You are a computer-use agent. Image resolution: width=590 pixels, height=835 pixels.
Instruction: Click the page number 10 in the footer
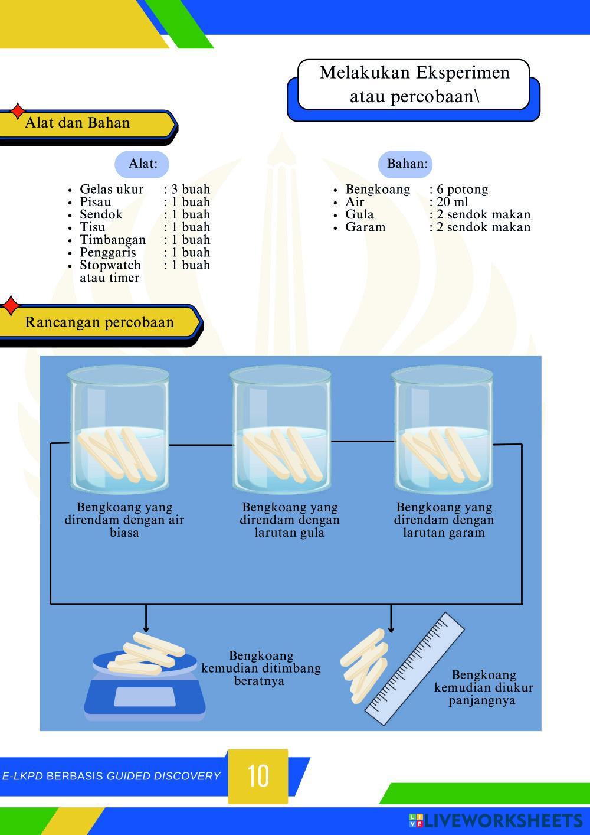258,775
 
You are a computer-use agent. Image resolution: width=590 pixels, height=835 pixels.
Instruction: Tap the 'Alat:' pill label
142,164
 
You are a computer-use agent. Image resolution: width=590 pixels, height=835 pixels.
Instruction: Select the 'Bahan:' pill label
407,164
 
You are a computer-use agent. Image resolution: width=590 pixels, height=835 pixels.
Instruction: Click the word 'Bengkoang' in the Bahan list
377,190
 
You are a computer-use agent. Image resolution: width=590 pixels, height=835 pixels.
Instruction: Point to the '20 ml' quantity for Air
452,202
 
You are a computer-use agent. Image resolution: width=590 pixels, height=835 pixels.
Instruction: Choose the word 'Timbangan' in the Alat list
112,240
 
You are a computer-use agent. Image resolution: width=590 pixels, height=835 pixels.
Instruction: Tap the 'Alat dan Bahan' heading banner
83,123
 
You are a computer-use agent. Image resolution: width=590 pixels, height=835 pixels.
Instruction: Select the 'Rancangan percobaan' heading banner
99,322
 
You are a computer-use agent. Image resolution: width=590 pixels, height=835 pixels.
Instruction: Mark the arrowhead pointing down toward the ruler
391,629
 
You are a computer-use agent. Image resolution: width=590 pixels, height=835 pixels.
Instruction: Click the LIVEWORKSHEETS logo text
501,820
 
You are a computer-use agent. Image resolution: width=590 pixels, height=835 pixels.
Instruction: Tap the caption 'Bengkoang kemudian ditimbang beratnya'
261,668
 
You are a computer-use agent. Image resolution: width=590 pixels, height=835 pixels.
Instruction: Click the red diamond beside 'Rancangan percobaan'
10,306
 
